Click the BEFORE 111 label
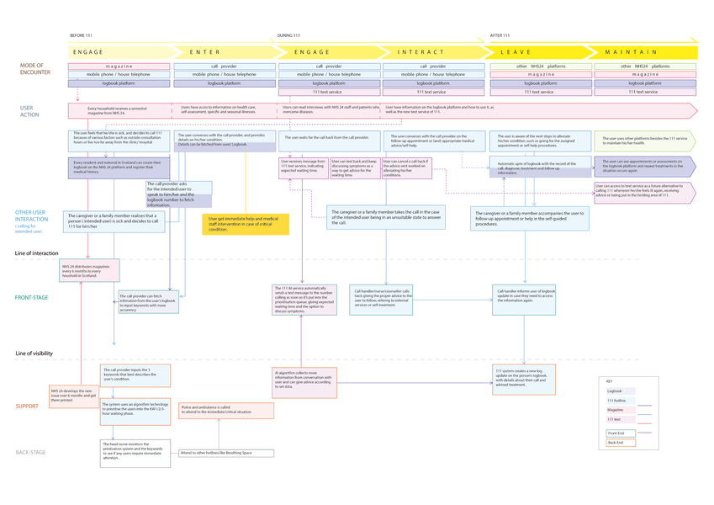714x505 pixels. point(81,35)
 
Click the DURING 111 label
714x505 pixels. point(289,35)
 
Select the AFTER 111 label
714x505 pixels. point(500,35)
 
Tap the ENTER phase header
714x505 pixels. point(204,52)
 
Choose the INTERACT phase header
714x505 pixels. point(420,52)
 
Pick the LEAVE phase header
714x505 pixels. point(516,52)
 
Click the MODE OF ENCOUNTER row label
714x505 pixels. point(35,68)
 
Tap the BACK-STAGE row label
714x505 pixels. point(31,453)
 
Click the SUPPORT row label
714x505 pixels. point(27,407)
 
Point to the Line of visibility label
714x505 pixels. point(35,353)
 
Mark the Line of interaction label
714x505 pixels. point(36,252)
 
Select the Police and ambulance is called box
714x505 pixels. point(225,410)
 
